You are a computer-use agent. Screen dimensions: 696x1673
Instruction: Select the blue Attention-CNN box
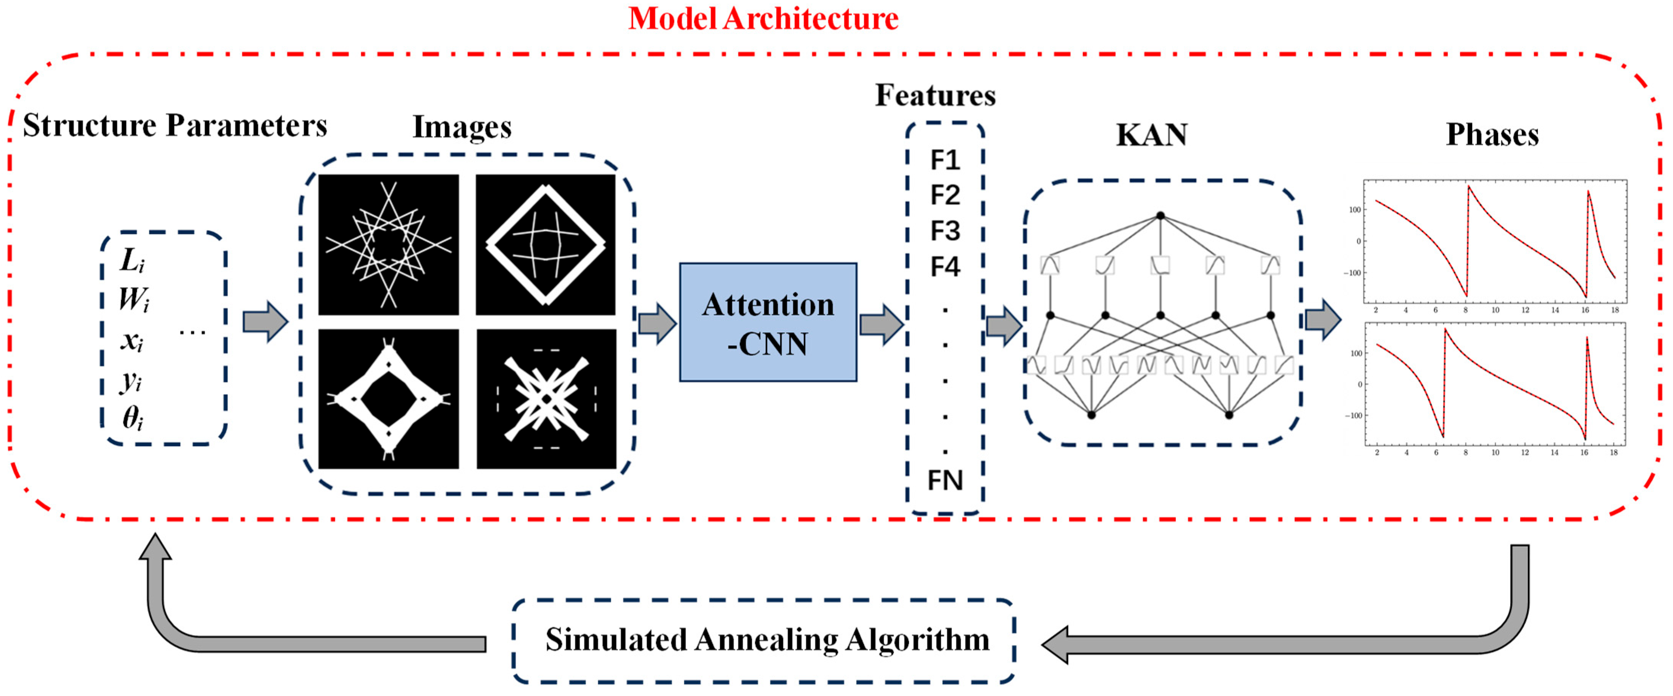click(768, 323)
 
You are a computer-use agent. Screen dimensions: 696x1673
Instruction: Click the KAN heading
click(1151, 135)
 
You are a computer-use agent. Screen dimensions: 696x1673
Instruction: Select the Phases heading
click(1492, 135)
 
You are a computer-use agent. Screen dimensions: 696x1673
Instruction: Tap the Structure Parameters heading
click(175, 125)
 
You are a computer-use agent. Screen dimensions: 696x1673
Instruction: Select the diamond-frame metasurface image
click(546, 245)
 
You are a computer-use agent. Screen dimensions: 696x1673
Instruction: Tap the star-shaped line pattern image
click(388, 245)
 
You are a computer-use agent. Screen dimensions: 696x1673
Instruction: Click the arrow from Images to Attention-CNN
click(656, 323)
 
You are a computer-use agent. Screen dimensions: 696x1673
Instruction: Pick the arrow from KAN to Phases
click(1323, 320)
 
